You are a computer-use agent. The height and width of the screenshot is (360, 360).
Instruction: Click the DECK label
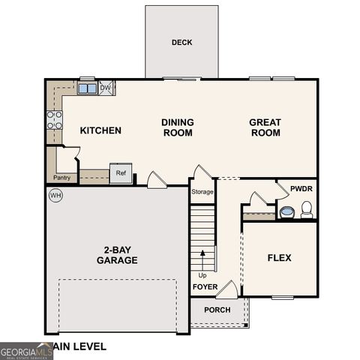pyautogui.click(x=181, y=43)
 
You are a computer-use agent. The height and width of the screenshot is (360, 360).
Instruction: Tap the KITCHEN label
pyautogui.click(x=100, y=130)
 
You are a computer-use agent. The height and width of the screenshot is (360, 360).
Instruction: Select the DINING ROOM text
pyautogui.click(x=178, y=127)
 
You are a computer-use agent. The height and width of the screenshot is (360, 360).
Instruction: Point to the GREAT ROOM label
pyautogui.click(x=265, y=127)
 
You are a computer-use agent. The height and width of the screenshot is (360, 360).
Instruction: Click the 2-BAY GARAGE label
pyautogui.click(x=116, y=255)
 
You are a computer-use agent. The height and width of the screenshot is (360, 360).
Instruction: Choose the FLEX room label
pyautogui.click(x=279, y=258)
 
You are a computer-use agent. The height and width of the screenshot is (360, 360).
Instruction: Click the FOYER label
pyautogui.click(x=205, y=287)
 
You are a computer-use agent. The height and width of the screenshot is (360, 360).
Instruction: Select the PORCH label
pyautogui.click(x=217, y=310)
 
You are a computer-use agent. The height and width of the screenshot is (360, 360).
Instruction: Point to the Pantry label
pyautogui.click(x=61, y=178)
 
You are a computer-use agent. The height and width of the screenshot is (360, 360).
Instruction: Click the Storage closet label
pyautogui.click(x=202, y=192)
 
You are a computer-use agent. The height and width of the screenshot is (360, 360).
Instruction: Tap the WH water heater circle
pyautogui.click(x=55, y=196)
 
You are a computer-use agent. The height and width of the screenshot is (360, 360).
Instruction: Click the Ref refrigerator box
pyautogui.click(x=121, y=173)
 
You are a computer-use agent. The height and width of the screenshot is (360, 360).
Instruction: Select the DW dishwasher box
pyautogui.click(x=106, y=88)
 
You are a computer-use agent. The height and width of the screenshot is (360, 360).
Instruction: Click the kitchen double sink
pyautogui.click(x=87, y=88)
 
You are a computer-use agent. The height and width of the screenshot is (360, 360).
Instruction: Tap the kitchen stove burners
pyautogui.click(x=55, y=120)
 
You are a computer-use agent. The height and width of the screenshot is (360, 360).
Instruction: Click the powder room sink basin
pyautogui.click(x=287, y=212)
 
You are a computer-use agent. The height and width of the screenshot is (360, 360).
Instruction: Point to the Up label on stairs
pyautogui.click(x=202, y=274)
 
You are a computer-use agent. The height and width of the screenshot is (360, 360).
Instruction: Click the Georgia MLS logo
pyautogui.click(x=26, y=350)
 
